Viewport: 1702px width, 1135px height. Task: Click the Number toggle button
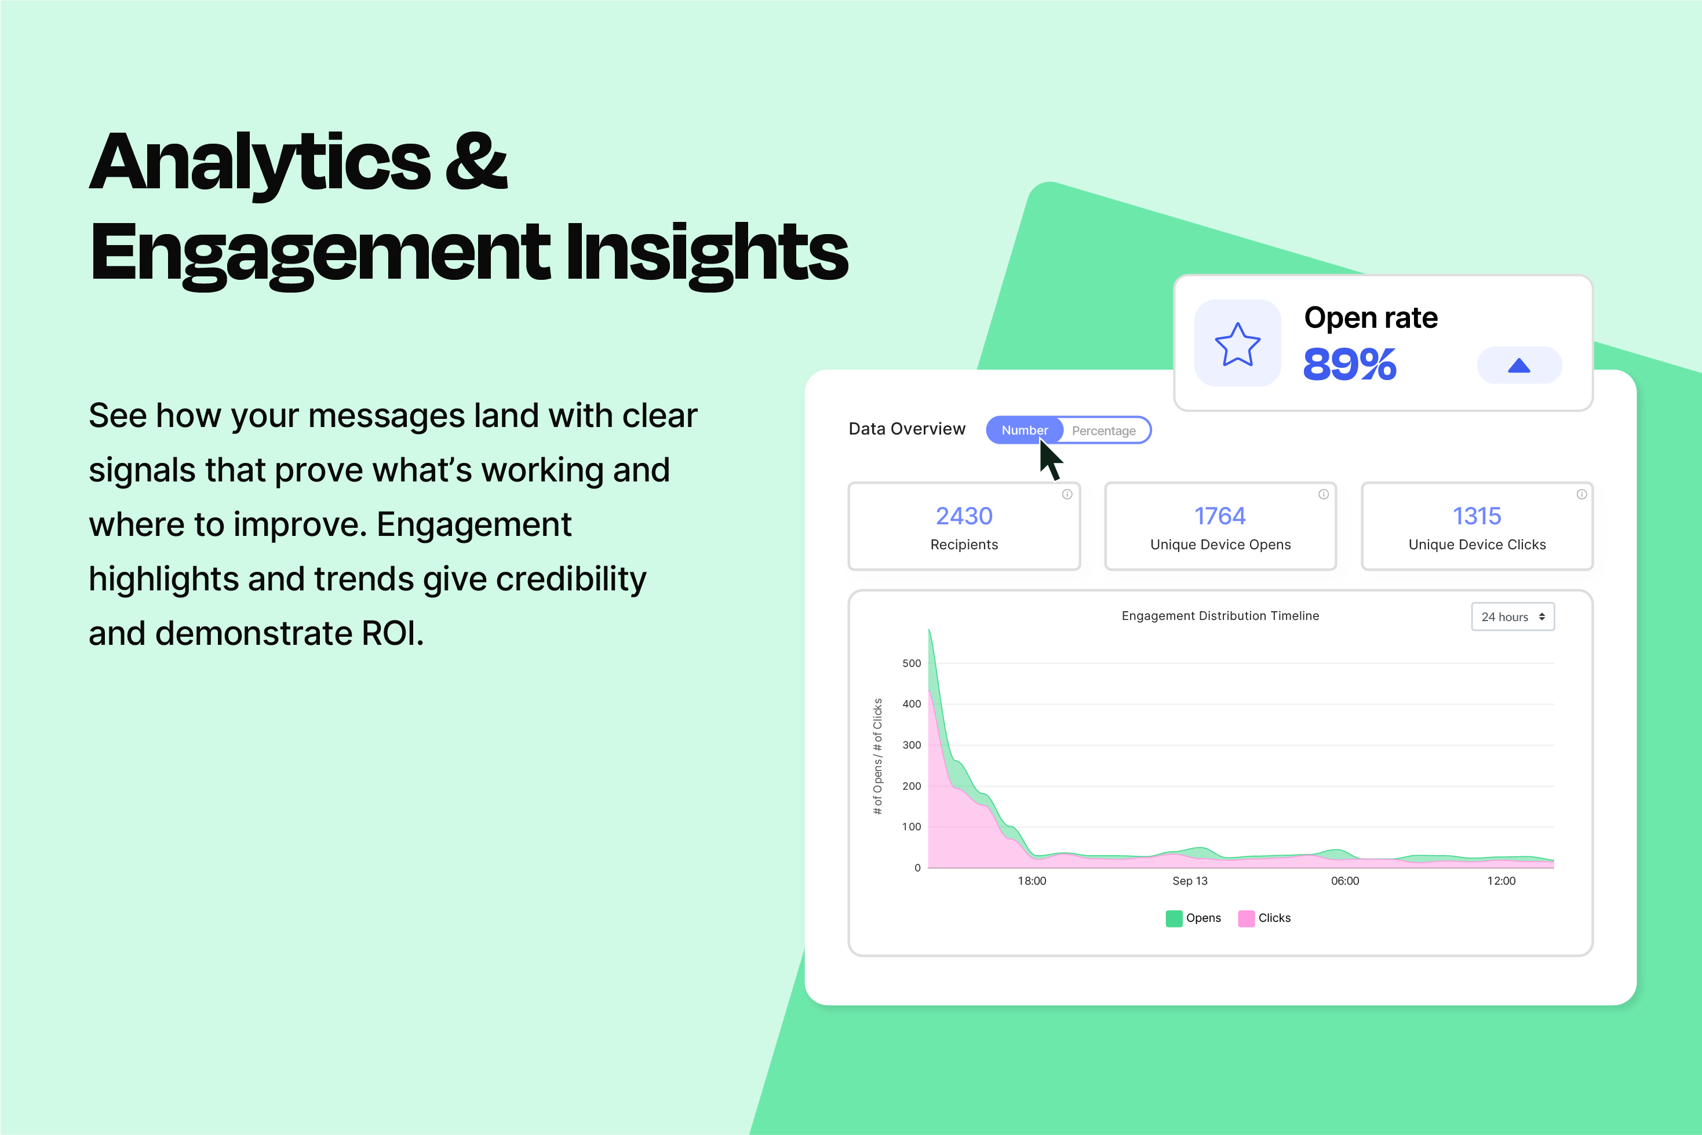tap(1025, 430)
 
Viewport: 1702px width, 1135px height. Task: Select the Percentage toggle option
tap(1103, 430)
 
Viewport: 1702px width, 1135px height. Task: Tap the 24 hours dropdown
tap(1513, 616)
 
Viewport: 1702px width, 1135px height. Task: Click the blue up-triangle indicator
tap(1519, 366)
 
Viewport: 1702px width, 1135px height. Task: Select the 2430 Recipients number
tap(964, 516)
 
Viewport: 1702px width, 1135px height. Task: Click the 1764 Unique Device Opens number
tap(1220, 516)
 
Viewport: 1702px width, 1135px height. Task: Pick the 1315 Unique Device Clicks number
tap(1477, 516)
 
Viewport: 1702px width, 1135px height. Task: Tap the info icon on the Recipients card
tap(1067, 494)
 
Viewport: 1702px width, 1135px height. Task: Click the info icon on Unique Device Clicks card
tap(1582, 494)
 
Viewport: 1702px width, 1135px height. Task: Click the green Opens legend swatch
tap(1173, 918)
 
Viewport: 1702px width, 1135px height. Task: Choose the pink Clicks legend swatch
tap(1246, 918)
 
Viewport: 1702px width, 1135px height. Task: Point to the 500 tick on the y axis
tap(912, 663)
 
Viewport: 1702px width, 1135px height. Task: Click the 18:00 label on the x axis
tap(1032, 881)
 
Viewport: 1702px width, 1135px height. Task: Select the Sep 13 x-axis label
tap(1190, 881)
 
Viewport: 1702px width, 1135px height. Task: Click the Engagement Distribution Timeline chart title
tap(1220, 616)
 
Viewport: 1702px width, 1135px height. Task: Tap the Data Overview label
tap(906, 429)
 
